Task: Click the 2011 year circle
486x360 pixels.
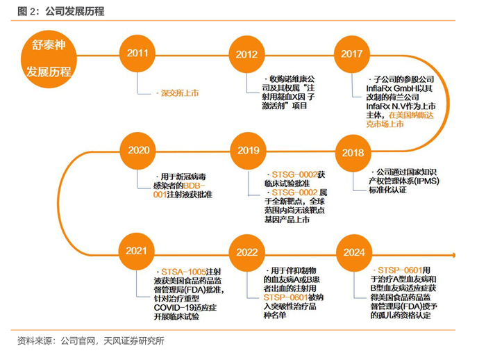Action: (x=137, y=54)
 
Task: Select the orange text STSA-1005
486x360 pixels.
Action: (x=182, y=270)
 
